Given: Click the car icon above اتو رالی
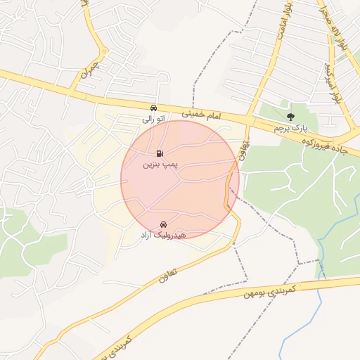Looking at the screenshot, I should (153, 108).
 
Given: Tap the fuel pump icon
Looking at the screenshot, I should (161, 153).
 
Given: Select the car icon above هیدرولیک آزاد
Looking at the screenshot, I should (163, 224).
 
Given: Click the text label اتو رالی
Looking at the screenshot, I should (153, 119).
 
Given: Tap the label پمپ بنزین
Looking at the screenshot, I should (162, 165).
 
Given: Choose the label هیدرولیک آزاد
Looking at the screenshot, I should (162, 234).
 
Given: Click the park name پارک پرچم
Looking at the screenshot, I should (291, 128).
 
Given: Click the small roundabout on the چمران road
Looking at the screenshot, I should (103, 51).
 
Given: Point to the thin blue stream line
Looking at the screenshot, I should (320, 302).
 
